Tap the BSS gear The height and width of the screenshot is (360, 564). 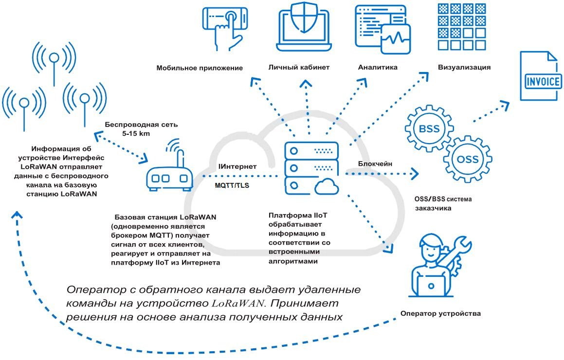(428, 128)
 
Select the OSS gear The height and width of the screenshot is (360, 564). (468, 160)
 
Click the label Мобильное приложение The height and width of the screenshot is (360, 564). (200, 68)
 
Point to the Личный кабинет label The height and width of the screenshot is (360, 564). (299, 67)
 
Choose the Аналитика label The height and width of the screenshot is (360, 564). (378, 67)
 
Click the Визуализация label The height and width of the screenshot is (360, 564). (464, 67)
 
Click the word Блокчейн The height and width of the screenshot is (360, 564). (375, 164)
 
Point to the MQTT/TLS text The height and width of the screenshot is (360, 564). (232, 185)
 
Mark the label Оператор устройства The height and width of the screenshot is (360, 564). (441, 313)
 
